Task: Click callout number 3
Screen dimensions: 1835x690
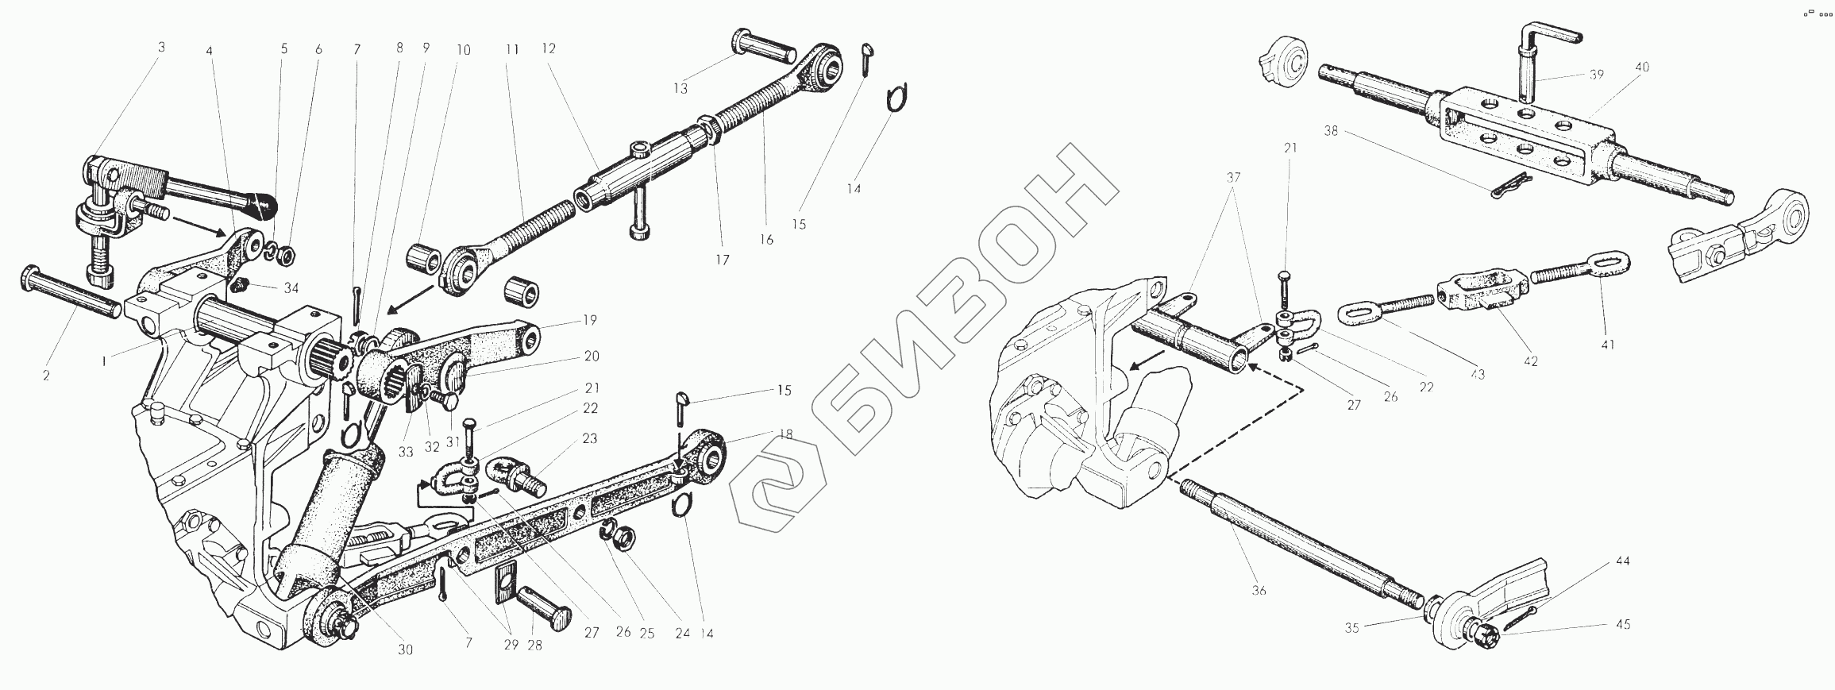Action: click(161, 48)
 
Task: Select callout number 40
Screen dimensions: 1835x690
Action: click(1641, 68)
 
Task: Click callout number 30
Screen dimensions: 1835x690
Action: click(405, 650)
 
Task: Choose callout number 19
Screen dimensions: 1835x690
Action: click(589, 321)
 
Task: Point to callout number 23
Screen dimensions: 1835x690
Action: click(589, 438)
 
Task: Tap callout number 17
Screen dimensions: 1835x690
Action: click(720, 259)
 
